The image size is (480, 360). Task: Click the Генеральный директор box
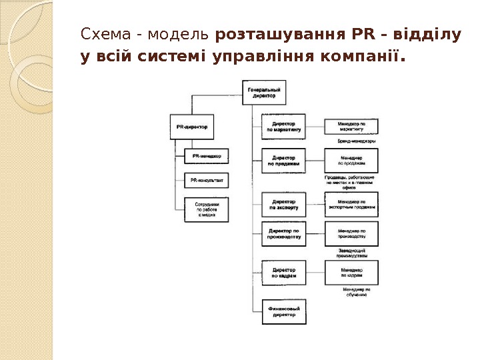(263, 92)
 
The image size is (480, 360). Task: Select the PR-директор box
(192, 125)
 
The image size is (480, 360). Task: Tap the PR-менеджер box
(207, 157)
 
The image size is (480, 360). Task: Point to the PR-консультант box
(207, 180)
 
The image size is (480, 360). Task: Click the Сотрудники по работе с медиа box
(207, 209)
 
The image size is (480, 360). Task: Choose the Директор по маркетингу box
(283, 127)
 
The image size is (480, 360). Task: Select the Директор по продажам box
(283, 161)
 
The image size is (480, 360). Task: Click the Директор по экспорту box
(283, 204)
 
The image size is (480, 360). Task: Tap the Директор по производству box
(283, 233)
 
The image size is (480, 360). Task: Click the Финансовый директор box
(283, 311)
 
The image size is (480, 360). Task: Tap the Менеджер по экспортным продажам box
(351, 204)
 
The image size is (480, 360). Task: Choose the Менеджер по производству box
(351, 233)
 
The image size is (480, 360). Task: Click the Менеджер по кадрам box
(351, 272)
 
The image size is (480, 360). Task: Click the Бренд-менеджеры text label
(351, 141)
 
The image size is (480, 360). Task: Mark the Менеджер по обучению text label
(356, 293)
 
